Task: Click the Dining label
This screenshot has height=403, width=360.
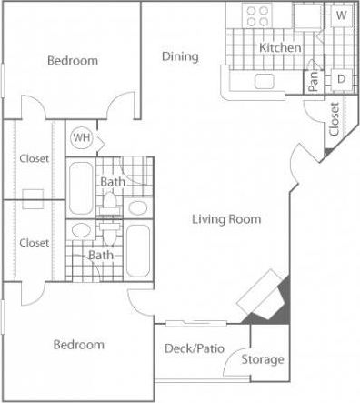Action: pos(180,57)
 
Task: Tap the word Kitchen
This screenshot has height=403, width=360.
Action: pos(280,47)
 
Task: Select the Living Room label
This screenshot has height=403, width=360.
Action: pos(226,219)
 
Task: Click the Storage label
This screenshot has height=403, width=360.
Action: pos(264,359)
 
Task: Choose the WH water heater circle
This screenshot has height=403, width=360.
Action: pos(81,137)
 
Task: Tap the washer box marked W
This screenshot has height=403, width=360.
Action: pos(341,15)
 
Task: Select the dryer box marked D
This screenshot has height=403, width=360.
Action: pos(341,80)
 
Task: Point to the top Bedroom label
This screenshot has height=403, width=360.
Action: pos(72,61)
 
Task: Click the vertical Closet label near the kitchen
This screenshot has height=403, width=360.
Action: pos(335,119)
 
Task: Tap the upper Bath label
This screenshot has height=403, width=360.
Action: pos(113,182)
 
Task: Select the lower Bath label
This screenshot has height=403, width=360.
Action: pos(100,255)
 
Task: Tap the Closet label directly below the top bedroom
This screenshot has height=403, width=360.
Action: pos(34,159)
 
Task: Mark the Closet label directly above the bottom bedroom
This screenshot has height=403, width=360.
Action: pos(34,243)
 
